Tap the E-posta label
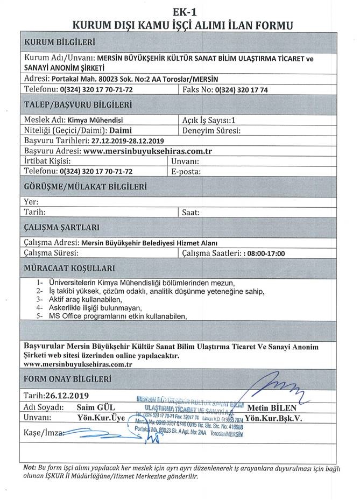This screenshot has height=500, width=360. click(186, 172)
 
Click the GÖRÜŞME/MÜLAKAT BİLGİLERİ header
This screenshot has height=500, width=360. click(86, 187)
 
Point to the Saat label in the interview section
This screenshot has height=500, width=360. click(191, 212)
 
